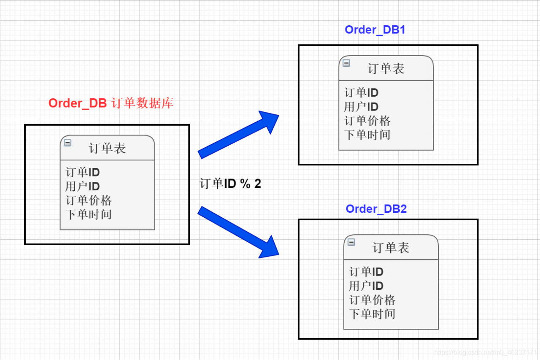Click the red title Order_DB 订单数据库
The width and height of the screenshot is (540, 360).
[x=111, y=103]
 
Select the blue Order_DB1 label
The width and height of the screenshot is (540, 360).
[x=375, y=30]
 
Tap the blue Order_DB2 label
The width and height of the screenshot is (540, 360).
[x=376, y=209]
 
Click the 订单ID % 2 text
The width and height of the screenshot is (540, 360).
[x=230, y=184]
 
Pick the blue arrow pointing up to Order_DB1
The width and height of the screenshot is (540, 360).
[x=239, y=135]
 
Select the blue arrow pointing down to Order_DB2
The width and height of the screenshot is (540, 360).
[x=239, y=232]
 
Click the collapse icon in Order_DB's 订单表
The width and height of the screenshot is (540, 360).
[x=67, y=143]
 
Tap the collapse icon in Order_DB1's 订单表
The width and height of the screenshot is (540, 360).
[x=346, y=63]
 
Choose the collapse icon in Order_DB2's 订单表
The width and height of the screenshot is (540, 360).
[x=351, y=242]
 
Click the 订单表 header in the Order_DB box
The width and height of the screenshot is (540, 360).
[x=107, y=148]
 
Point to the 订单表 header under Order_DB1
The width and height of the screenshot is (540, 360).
[x=386, y=68]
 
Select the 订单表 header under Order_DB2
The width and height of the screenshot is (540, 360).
[x=391, y=248]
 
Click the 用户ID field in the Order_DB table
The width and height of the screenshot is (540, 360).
[x=82, y=186]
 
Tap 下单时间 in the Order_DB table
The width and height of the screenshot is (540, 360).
[x=89, y=214]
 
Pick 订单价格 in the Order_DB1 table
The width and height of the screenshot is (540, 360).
[x=367, y=121]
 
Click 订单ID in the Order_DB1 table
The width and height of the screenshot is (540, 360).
[x=361, y=93]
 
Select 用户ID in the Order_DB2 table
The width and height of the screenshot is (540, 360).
[x=366, y=286]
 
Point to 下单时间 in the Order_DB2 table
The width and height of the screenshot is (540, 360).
[x=372, y=314]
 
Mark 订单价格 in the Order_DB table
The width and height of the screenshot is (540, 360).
[x=89, y=200]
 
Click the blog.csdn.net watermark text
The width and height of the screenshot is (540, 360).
[x=485, y=352]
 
